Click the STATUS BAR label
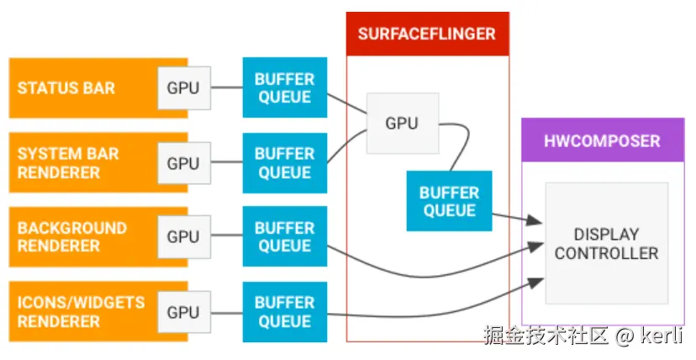[x=66, y=88]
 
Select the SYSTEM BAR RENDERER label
[x=68, y=163]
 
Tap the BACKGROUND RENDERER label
[x=72, y=237]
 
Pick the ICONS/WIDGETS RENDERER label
[x=81, y=311]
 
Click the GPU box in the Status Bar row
[x=183, y=88]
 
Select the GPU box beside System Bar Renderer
[x=183, y=163]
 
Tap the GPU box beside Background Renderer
[x=183, y=237]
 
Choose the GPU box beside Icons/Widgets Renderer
[x=183, y=312]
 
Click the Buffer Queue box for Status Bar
[x=284, y=88]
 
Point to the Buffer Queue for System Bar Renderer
[x=284, y=163]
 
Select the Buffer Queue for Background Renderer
[x=284, y=237]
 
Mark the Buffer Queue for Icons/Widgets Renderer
[x=284, y=312]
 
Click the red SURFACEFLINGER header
[x=427, y=34]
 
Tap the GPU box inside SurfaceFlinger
[x=402, y=124]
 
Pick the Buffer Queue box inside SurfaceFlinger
[x=449, y=201]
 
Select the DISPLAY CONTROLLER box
[x=606, y=243]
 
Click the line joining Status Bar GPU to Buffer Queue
[x=225, y=88]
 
